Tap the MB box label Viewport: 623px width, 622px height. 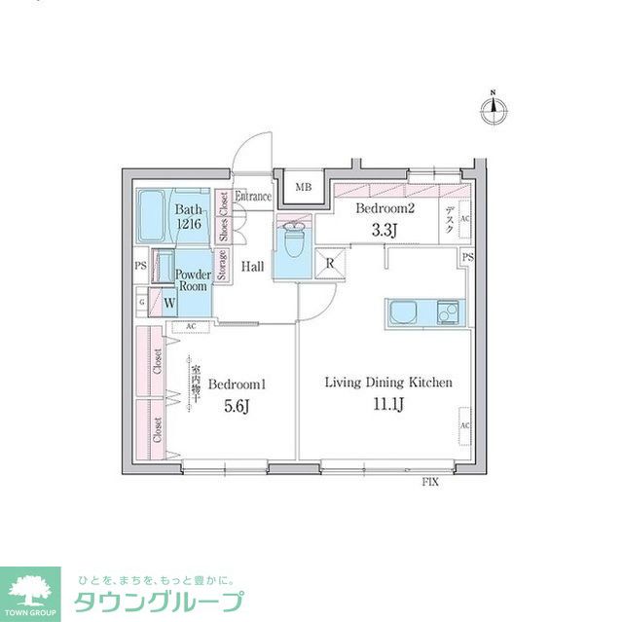pyautogui.click(x=303, y=189)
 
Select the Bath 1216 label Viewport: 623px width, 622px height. pyautogui.click(x=189, y=217)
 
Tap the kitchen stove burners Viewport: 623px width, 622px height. pyautogui.click(x=449, y=312)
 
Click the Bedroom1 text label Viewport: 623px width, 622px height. pyautogui.click(x=237, y=384)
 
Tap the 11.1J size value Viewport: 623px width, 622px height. pyautogui.click(x=386, y=404)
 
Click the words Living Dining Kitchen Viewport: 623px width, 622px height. pyautogui.click(x=387, y=384)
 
